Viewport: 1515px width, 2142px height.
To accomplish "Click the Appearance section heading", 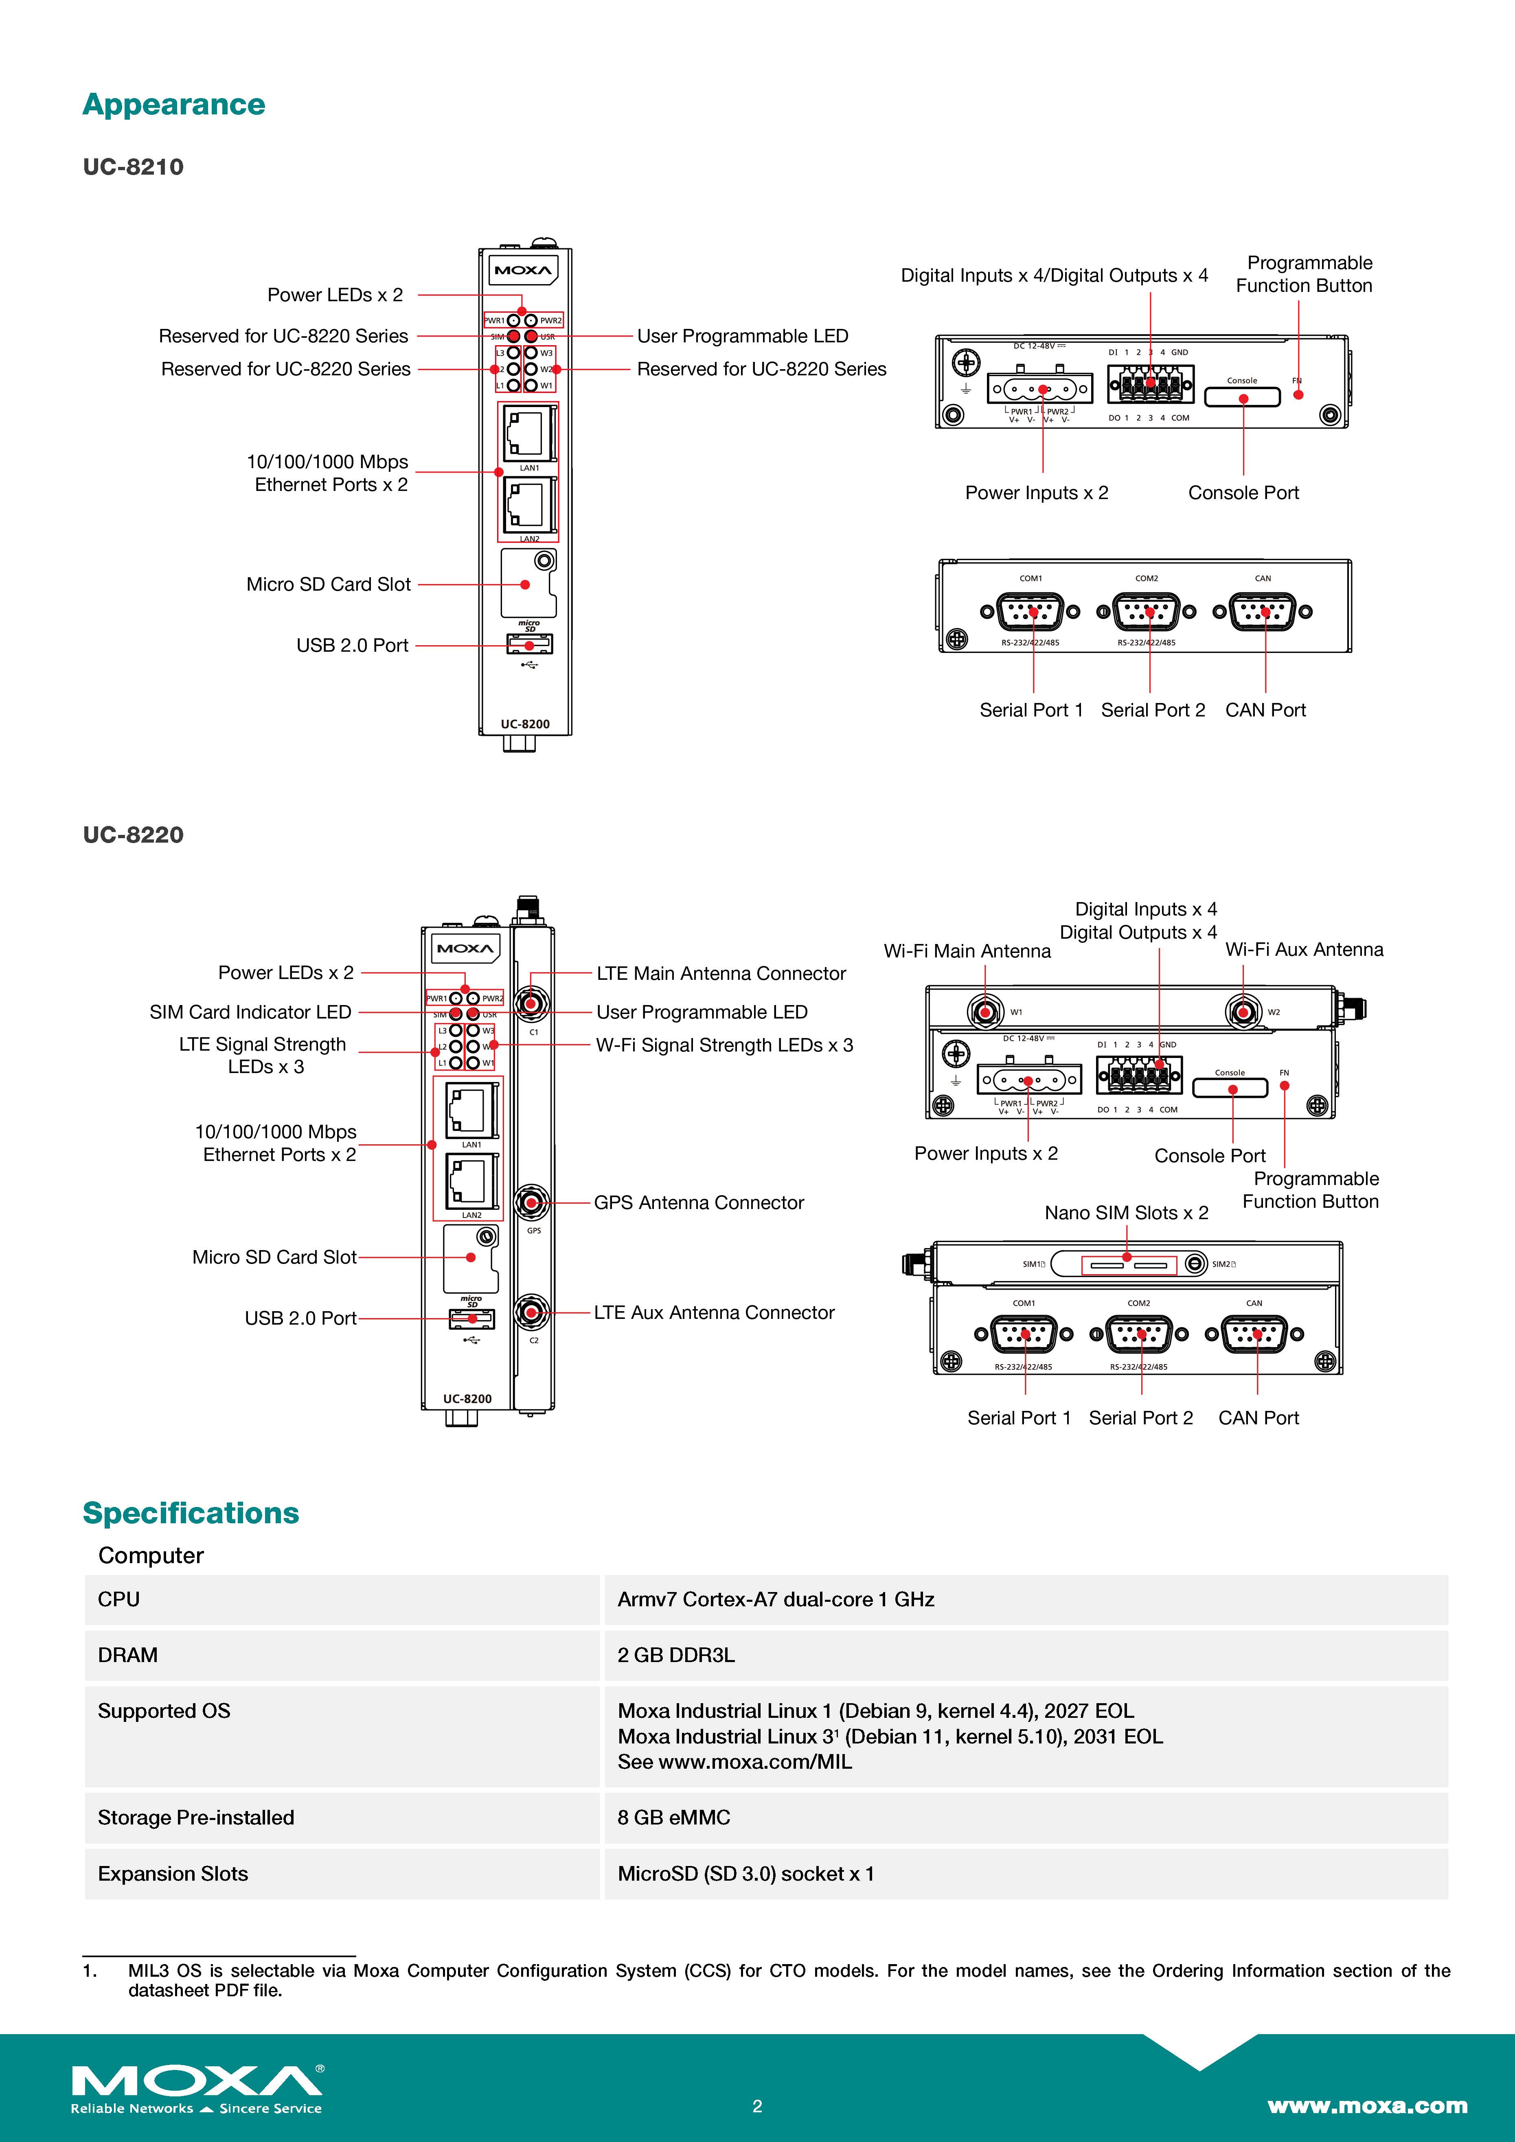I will [173, 105].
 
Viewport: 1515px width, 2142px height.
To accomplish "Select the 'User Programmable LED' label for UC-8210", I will [743, 336].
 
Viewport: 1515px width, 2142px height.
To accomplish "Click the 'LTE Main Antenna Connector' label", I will [720, 973].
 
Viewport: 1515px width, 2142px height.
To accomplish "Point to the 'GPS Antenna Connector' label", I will [699, 1202].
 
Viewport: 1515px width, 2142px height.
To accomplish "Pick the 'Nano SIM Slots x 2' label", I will [1126, 1213].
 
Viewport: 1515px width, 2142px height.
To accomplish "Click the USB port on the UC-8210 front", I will [529, 645].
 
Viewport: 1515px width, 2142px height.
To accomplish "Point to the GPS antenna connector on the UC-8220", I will [532, 1202].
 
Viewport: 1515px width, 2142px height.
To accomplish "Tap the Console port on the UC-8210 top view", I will [1243, 397].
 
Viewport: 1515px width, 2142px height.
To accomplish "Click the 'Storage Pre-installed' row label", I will [196, 1817].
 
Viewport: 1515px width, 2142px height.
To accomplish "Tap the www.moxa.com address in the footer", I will [1367, 2106].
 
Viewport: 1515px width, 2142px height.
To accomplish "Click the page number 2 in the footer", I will [757, 2106].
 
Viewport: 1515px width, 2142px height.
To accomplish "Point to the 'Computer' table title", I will [151, 1555].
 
